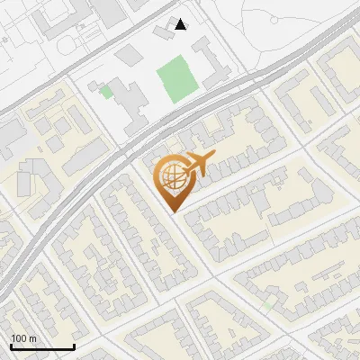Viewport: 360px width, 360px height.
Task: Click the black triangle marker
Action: [181, 24]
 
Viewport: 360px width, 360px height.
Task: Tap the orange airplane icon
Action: [201, 165]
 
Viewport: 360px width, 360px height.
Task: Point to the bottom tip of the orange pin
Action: [171, 211]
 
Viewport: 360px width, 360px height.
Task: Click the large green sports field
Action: [177, 80]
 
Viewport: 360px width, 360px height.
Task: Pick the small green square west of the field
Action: [106, 91]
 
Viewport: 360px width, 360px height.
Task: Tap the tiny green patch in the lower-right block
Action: [267, 305]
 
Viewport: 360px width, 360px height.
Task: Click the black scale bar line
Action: [42, 346]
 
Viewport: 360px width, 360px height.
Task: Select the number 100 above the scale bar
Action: [18, 338]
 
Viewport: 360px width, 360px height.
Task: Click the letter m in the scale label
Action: [31, 338]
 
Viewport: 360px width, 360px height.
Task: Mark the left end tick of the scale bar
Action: [12, 345]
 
